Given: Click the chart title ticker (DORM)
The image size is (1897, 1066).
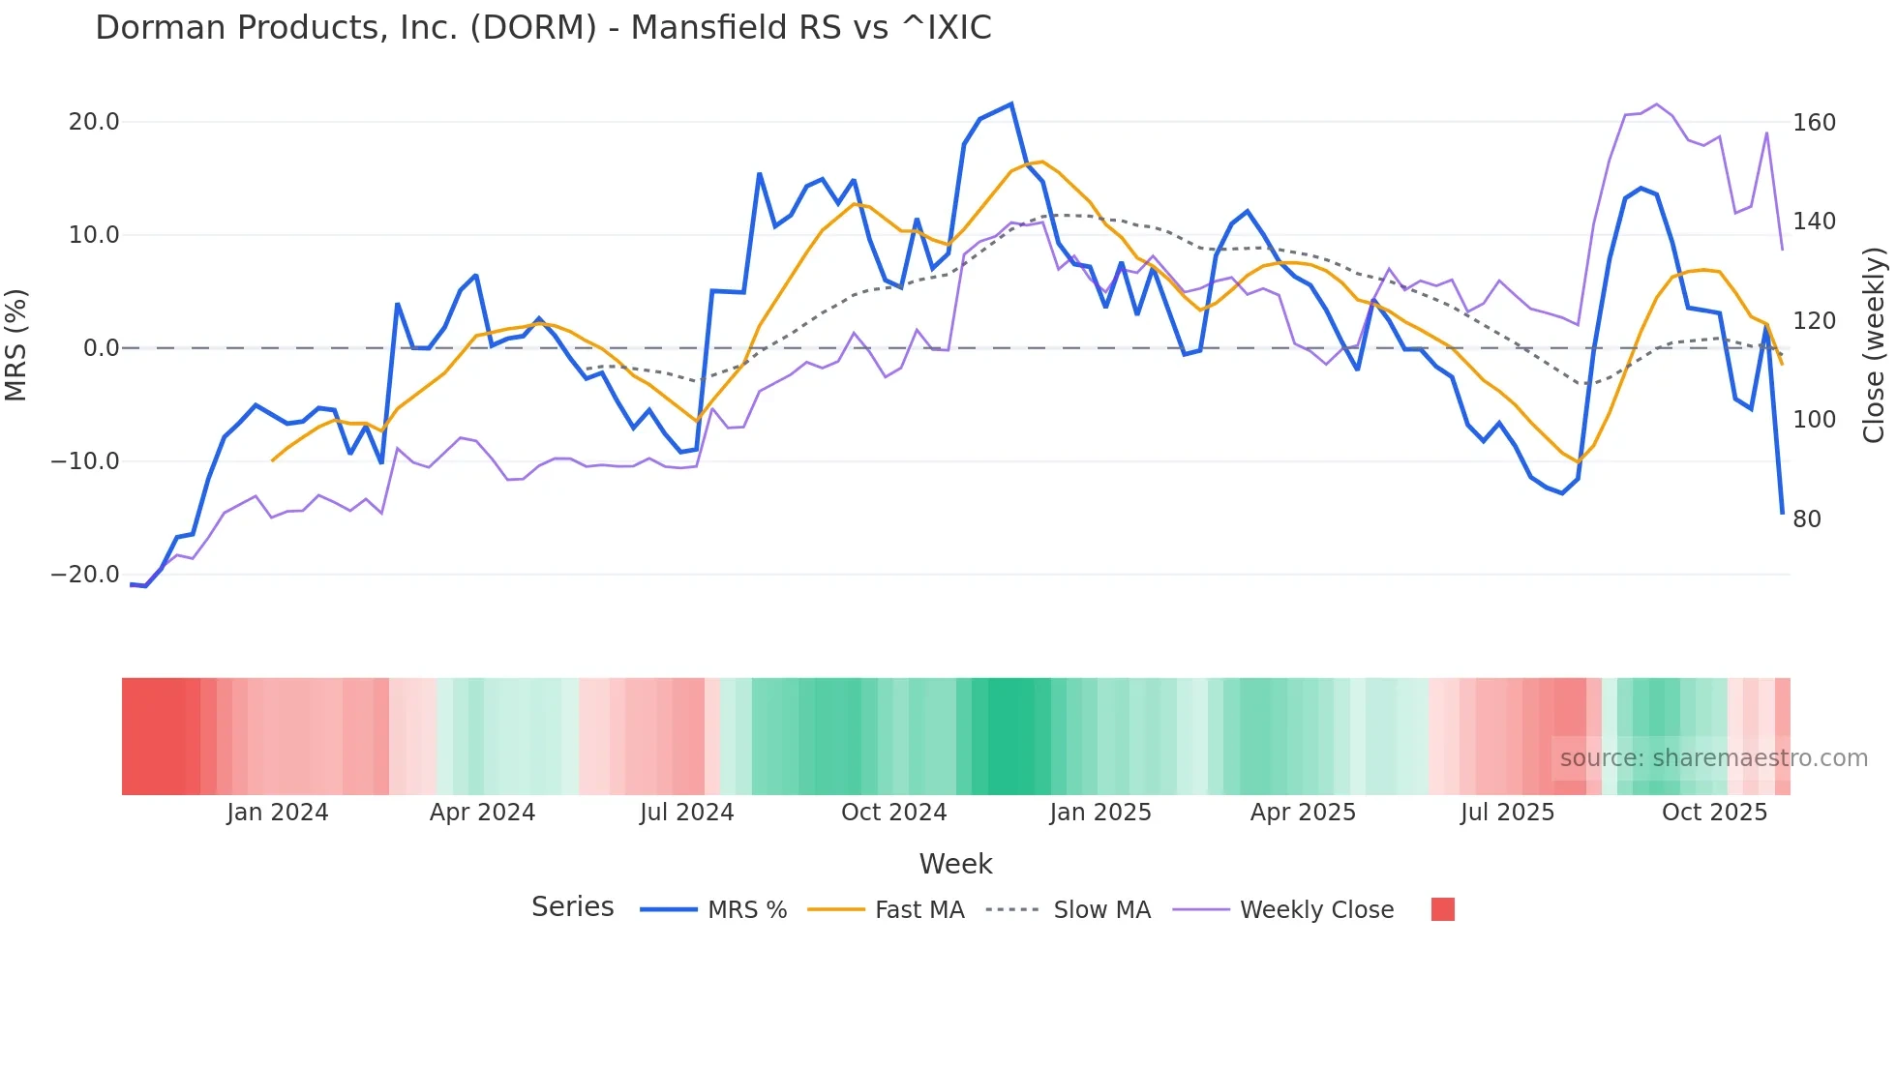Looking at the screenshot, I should click(533, 28).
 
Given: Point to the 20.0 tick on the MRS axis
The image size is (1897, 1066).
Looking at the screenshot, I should click(94, 122).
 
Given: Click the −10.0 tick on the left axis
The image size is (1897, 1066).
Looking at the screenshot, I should click(85, 461).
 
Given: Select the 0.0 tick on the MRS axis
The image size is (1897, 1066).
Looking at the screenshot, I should click(101, 348).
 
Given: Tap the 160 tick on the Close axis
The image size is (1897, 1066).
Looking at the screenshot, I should click(1814, 123).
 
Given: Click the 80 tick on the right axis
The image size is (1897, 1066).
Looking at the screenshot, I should click(1806, 519).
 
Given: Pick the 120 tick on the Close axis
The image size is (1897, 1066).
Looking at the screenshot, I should click(1814, 321).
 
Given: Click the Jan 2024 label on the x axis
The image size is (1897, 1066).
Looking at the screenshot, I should click(278, 813).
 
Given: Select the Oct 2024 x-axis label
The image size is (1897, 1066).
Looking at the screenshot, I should click(893, 813).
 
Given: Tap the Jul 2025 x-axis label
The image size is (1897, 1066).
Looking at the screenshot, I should click(1507, 813).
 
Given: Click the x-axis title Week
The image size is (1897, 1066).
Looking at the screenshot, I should click(955, 864).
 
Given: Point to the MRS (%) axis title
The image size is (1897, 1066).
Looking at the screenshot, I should click(16, 344).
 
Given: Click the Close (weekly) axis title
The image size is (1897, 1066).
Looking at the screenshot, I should click(1874, 345).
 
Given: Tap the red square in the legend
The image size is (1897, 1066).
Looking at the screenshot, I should click(1442, 909).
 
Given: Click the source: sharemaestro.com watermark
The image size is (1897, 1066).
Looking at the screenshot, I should click(1713, 758).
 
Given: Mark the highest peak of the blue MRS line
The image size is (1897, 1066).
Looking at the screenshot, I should click(1011, 104).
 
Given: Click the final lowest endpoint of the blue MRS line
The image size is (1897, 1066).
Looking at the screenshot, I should click(1782, 513).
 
